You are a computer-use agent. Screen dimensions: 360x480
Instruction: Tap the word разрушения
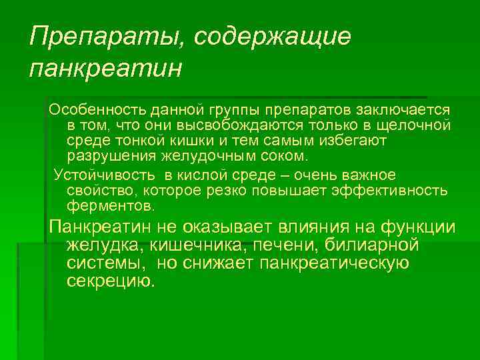111,157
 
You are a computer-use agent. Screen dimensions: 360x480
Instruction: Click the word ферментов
109,207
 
